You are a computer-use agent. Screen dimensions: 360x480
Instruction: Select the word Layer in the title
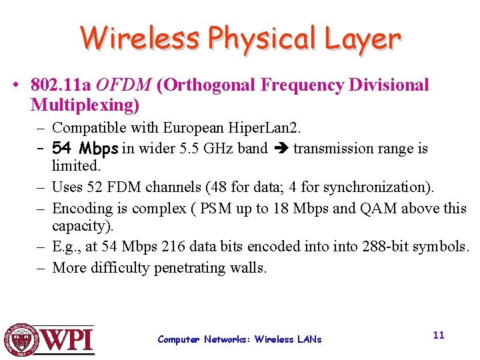[363, 39]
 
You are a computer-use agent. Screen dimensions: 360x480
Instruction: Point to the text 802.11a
[61, 85]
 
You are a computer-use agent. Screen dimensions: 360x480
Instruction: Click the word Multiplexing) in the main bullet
[85, 105]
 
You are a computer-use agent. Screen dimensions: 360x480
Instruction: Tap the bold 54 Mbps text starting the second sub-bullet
[85, 147]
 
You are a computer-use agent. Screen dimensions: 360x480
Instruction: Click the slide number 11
[438, 335]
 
